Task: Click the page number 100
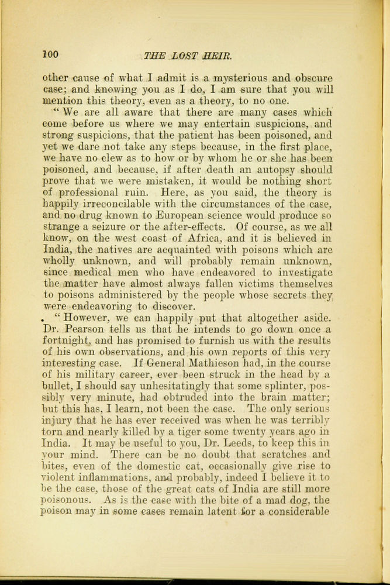click(50, 54)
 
